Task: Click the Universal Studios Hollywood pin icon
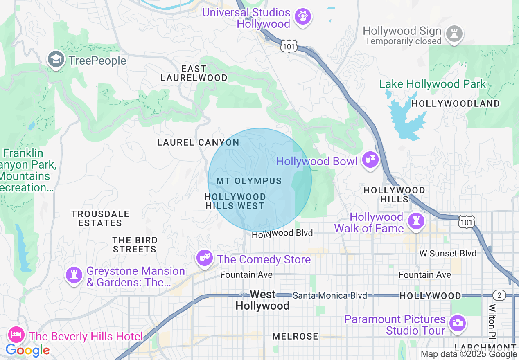click(303, 17)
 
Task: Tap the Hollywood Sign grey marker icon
click(454, 33)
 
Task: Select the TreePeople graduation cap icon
click(56, 60)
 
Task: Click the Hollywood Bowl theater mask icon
click(370, 160)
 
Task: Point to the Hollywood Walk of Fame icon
click(416, 221)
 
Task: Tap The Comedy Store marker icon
click(204, 258)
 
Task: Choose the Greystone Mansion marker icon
click(74, 275)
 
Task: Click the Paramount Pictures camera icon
click(457, 323)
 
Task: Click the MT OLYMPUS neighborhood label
click(249, 181)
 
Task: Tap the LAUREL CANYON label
click(198, 142)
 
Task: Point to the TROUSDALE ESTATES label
click(100, 218)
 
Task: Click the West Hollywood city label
click(262, 300)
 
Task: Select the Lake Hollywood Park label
click(432, 84)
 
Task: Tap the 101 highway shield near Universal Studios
click(289, 47)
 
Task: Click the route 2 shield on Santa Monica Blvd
click(499, 295)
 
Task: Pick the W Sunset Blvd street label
click(448, 254)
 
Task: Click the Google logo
click(27, 350)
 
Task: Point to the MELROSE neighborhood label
click(295, 336)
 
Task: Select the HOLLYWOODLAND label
click(456, 103)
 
